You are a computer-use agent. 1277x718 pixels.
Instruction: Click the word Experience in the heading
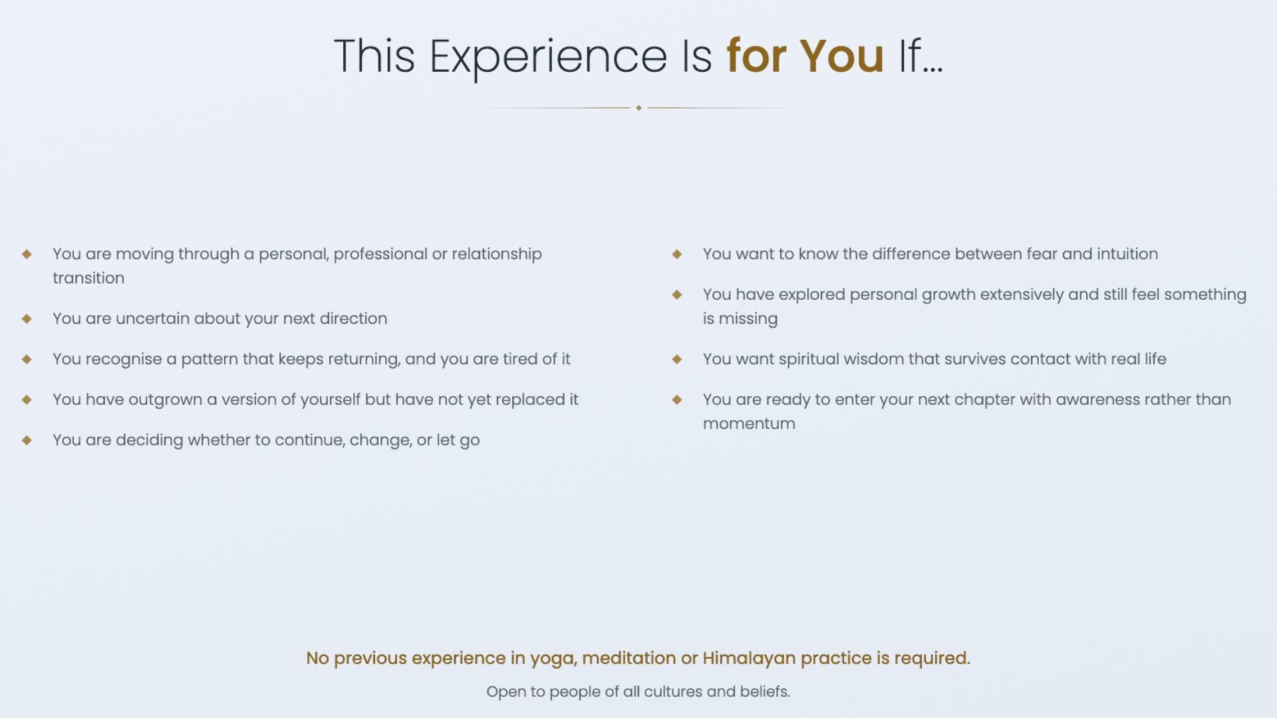pos(548,57)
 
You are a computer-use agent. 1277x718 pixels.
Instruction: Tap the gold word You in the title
pos(841,56)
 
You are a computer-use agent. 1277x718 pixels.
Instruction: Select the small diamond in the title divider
pos(638,108)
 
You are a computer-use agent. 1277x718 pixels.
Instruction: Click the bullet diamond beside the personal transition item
pos(27,254)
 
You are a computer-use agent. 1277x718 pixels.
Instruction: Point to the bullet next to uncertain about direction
pos(27,318)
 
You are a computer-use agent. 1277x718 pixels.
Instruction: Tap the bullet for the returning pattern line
pos(27,359)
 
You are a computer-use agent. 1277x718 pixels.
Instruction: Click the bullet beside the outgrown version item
pos(27,400)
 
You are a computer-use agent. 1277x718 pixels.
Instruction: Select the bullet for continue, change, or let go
pos(27,440)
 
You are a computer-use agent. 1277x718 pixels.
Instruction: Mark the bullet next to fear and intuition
pos(677,254)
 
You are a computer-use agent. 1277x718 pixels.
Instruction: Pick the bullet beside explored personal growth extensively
pos(677,295)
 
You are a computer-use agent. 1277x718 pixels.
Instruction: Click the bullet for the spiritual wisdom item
pos(677,359)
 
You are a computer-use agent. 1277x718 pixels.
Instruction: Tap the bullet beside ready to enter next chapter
pos(677,400)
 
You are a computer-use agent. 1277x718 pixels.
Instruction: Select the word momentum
pos(749,424)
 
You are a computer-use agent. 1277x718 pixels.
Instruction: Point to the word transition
pos(88,278)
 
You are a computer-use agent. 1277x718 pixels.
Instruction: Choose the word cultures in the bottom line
pos(673,691)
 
